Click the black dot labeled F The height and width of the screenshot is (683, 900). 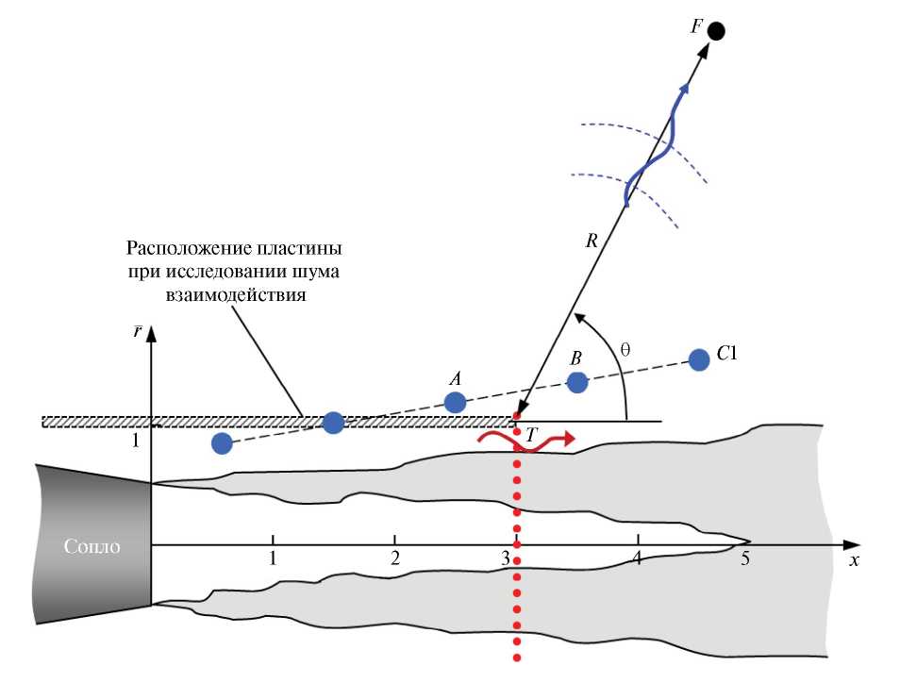(x=716, y=31)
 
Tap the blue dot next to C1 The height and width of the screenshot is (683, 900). (x=699, y=359)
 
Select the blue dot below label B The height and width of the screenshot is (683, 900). (x=577, y=382)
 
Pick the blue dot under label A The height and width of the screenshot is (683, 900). (x=455, y=402)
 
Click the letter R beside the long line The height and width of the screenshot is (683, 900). (x=592, y=241)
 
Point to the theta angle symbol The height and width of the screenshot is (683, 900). (x=624, y=348)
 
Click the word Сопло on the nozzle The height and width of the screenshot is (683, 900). (x=92, y=546)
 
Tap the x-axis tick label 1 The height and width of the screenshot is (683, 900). (x=273, y=558)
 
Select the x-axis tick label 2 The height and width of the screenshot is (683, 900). (x=394, y=558)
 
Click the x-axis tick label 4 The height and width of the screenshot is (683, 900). (x=638, y=558)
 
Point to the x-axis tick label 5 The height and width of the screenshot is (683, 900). (x=745, y=558)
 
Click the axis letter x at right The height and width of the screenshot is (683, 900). (x=854, y=559)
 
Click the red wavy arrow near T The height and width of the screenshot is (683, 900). (x=524, y=441)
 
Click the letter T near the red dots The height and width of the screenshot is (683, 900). (x=532, y=434)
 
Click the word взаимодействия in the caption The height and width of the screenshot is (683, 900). (x=233, y=294)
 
